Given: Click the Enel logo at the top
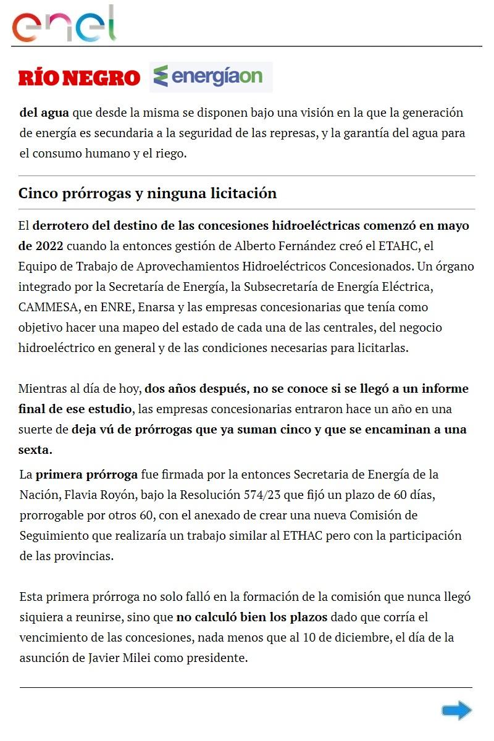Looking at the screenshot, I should click(x=64, y=25).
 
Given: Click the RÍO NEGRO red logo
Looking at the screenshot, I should click(x=80, y=78).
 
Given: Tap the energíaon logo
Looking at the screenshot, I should click(x=211, y=77).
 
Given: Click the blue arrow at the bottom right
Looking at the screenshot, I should click(x=456, y=710).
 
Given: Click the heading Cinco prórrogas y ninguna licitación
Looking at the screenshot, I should click(x=148, y=193).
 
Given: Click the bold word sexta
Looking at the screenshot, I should click(x=35, y=450).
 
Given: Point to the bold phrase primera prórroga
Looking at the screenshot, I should click(x=86, y=475).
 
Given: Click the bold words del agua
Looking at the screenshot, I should click(x=44, y=113).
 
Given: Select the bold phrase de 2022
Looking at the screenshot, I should click(x=41, y=246).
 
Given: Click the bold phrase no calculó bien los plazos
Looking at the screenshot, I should click(x=251, y=617).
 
